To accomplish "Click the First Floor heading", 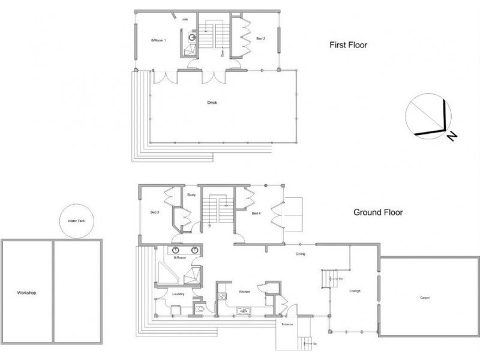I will (x=347, y=44).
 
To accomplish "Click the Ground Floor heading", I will (x=377, y=212).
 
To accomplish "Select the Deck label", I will (x=212, y=103).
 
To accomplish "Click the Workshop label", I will (x=27, y=293).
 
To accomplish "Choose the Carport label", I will (x=424, y=298).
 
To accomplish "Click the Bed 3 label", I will (x=154, y=212).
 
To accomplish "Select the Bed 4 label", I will (x=256, y=214).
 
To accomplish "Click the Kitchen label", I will (x=244, y=292).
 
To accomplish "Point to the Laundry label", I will (x=178, y=294).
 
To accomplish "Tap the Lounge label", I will (x=354, y=292).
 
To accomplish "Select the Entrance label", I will (x=286, y=324).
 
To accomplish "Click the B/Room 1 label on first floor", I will (x=158, y=40).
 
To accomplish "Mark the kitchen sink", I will (x=244, y=311).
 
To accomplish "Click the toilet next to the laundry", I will (x=200, y=310).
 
